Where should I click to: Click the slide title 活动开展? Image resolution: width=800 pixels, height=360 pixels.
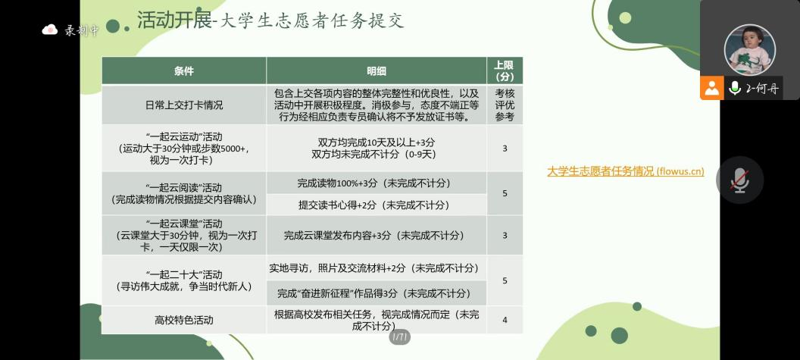click(x=174, y=20)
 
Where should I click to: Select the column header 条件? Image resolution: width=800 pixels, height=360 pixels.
click(x=183, y=71)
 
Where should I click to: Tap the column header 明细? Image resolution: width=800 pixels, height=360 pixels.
click(x=376, y=71)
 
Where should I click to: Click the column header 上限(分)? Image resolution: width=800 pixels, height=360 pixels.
click(x=504, y=71)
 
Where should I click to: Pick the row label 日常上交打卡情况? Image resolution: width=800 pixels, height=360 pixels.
click(x=183, y=105)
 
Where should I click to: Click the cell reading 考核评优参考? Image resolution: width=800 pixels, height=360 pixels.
click(x=505, y=105)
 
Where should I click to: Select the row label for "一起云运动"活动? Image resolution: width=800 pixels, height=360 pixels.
click(x=183, y=148)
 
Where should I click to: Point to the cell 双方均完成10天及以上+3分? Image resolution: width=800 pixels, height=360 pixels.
click(x=376, y=142)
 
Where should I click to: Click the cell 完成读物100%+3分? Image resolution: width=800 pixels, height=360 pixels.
click(x=376, y=183)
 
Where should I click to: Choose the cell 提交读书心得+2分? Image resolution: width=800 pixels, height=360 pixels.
click(x=376, y=205)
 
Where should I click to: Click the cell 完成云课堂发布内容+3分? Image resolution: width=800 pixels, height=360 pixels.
click(x=376, y=236)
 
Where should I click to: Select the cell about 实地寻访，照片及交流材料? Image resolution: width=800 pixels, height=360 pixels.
click(x=376, y=268)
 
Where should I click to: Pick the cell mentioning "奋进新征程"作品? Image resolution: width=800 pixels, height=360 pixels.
click(x=376, y=293)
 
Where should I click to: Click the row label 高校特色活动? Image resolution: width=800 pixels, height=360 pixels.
click(x=183, y=321)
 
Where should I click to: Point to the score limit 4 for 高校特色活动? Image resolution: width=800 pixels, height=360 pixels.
click(x=505, y=320)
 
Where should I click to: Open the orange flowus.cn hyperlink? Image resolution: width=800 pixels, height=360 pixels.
click(x=626, y=171)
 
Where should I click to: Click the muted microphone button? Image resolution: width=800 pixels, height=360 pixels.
click(x=740, y=180)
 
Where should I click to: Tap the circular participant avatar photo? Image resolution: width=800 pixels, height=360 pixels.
click(x=749, y=50)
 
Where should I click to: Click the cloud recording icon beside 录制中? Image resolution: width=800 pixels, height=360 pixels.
click(x=49, y=29)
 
